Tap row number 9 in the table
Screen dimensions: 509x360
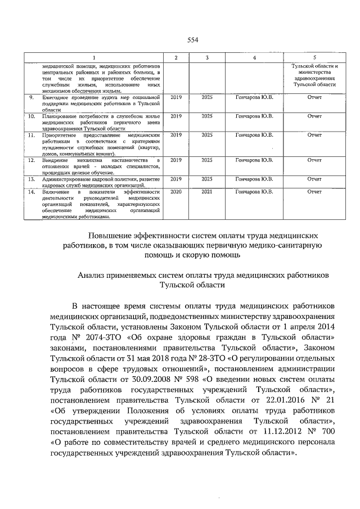click(x=32, y=98)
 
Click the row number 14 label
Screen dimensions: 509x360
click(x=32, y=192)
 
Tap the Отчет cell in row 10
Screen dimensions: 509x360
click(x=314, y=116)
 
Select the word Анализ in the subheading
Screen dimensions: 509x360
click(x=92, y=274)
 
